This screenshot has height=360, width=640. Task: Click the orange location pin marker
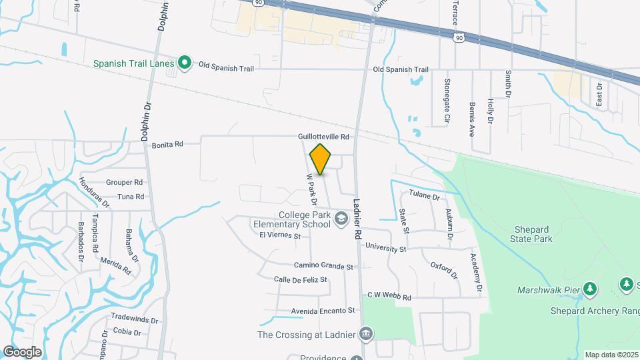click(x=321, y=159)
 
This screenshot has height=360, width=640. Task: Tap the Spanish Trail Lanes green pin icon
click(x=185, y=64)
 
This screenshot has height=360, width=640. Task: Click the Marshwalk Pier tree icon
click(x=589, y=289)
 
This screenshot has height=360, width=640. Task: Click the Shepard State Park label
click(x=532, y=234)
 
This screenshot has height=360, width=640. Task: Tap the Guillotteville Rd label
click(x=324, y=137)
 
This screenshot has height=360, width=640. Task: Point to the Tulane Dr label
click(x=425, y=197)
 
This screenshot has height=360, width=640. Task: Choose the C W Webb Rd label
click(x=389, y=296)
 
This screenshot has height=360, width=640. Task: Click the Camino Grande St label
click(x=323, y=266)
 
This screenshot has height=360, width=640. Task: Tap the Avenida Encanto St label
click(x=323, y=311)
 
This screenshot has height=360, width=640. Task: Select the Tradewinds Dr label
click(x=135, y=319)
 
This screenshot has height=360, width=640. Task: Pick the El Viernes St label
click(x=281, y=235)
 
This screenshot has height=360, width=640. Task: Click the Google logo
click(x=22, y=351)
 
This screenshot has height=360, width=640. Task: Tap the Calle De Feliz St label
click(x=301, y=279)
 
